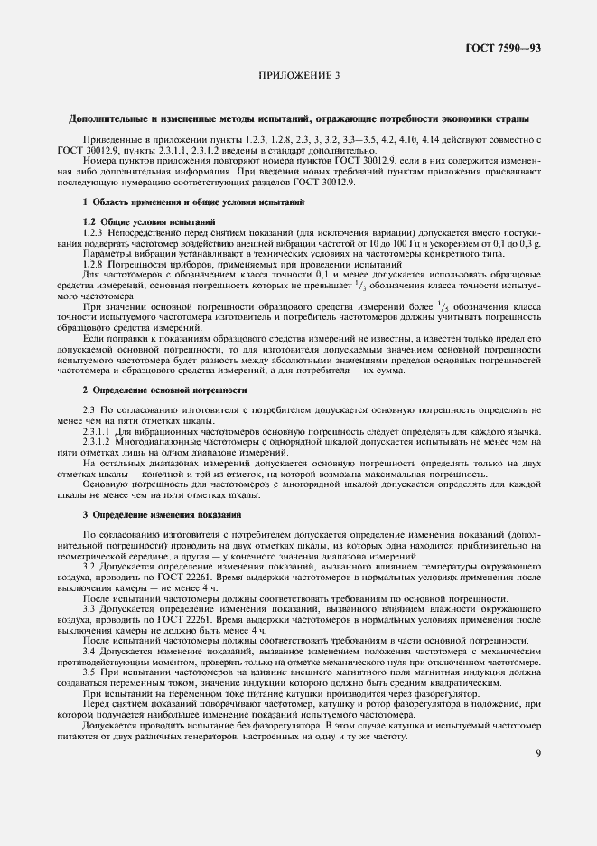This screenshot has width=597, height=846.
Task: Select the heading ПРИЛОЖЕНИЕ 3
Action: (x=298, y=75)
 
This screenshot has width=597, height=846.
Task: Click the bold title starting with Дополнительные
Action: (x=298, y=118)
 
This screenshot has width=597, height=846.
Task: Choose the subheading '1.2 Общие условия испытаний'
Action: (x=149, y=221)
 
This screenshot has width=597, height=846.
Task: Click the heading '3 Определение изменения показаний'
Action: (x=162, y=514)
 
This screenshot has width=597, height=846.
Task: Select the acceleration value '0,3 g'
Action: (x=530, y=243)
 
